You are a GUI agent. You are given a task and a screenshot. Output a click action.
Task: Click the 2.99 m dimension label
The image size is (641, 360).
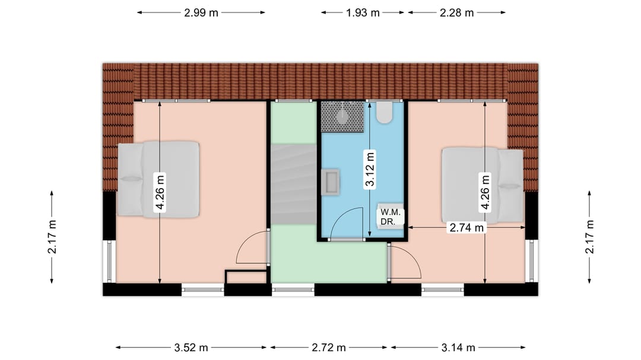201,12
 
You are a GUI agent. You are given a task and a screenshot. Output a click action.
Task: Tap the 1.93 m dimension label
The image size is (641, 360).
363,12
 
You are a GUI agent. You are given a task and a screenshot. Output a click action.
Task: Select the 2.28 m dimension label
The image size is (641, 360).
456,12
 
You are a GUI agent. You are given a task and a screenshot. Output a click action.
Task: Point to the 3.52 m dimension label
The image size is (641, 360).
191,348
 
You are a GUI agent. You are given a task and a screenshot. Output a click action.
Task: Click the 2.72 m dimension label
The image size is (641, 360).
329,348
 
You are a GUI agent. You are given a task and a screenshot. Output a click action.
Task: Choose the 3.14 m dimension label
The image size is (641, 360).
458,348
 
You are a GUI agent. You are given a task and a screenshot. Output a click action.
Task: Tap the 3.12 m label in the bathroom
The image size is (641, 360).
370,169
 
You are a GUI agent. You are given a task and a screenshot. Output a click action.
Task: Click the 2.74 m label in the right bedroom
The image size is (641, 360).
467,227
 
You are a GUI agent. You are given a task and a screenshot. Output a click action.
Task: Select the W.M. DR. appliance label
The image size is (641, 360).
391,217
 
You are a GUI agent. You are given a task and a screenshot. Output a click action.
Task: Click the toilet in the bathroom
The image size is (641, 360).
384,112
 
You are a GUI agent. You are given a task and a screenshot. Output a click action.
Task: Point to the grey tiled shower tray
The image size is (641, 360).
342,117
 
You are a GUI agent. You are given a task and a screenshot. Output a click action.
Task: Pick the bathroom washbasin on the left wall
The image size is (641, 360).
331,181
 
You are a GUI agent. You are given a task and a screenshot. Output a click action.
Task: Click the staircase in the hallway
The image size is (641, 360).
294,184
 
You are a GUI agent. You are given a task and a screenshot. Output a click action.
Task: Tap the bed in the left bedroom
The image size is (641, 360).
158,179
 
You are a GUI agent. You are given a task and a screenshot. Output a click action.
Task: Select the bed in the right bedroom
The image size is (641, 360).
483,186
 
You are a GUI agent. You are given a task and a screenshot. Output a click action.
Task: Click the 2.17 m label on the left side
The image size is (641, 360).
52,237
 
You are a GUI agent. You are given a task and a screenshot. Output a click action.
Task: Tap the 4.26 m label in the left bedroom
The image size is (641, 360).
160,193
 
